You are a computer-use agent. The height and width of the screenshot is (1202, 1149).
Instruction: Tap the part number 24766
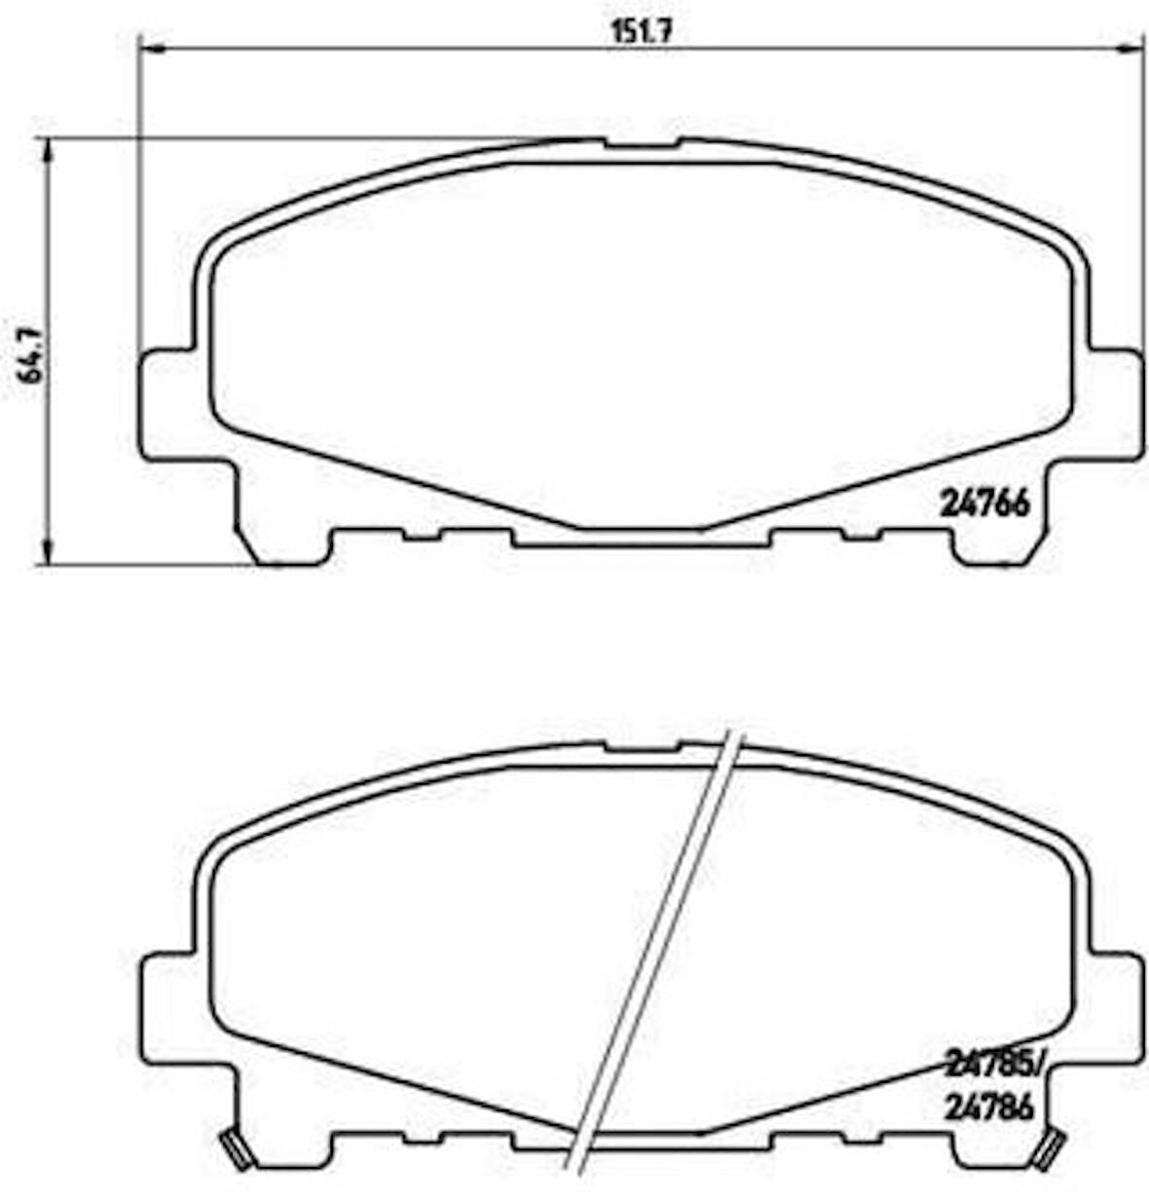pyautogui.click(x=984, y=504)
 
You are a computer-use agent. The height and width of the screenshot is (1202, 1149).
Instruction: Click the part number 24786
pyautogui.click(x=985, y=1108)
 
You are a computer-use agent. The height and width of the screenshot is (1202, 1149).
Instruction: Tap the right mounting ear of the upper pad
pyautogui.click(x=1113, y=403)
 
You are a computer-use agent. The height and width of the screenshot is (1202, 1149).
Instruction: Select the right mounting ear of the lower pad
pyautogui.click(x=1113, y=1008)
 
